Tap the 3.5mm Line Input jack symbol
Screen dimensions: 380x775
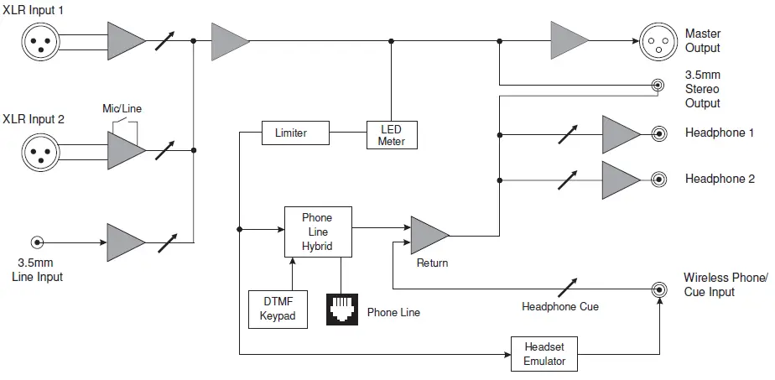36,242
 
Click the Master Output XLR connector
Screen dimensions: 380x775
658,40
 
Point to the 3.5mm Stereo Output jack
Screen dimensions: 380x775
659,85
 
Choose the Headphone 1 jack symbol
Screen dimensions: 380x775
659,133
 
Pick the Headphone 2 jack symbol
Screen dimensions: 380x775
659,179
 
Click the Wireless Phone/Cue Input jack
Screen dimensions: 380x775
660,289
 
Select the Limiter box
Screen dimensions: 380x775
290,133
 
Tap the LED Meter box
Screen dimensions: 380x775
391,134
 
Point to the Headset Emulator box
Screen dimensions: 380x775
544,354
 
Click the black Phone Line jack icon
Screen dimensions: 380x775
341,309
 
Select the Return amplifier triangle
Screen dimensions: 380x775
428,235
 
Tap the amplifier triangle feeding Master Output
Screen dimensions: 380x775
568,40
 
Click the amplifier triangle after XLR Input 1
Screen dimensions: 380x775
125,40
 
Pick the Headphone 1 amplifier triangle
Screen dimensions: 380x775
620,133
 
